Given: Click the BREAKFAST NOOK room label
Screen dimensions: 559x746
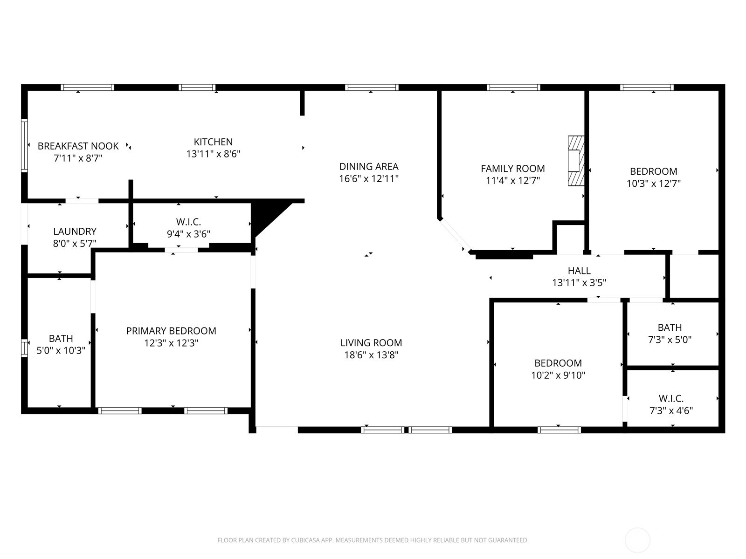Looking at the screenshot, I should tap(78, 146).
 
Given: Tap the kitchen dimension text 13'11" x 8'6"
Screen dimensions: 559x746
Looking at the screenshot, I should tap(213, 154).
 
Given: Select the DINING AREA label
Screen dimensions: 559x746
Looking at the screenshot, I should tap(368, 166).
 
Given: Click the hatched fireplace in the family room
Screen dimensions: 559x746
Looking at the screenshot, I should tap(576, 161).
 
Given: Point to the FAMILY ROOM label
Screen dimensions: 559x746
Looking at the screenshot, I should tap(512, 169).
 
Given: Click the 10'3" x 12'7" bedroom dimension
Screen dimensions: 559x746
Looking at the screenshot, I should tap(653, 184).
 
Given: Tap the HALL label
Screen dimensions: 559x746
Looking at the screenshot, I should tap(579, 271).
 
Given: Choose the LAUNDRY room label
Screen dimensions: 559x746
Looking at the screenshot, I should tap(75, 232).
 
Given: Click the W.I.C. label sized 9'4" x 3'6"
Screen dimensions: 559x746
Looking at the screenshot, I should tap(188, 222).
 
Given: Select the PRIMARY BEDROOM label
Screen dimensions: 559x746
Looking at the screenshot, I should tap(171, 331).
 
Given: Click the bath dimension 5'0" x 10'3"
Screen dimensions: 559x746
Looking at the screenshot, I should tap(61, 350).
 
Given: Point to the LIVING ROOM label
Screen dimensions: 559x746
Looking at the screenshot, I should tap(371, 343).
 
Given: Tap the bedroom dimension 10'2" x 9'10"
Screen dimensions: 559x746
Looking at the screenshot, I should tap(558, 375).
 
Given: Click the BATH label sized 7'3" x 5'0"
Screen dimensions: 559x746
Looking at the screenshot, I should tap(670, 327).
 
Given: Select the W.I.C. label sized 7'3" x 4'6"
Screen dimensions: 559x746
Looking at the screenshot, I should tap(671, 399).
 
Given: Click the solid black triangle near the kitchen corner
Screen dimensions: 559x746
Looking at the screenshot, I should tap(266, 214).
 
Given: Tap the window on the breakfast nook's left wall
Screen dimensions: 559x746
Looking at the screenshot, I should tap(25, 145).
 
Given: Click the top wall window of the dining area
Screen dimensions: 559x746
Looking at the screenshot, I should tap(372, 87).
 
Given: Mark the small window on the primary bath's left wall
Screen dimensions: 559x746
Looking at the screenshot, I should tap(25, 348).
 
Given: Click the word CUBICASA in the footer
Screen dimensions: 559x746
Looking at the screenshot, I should tap(305, 540).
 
